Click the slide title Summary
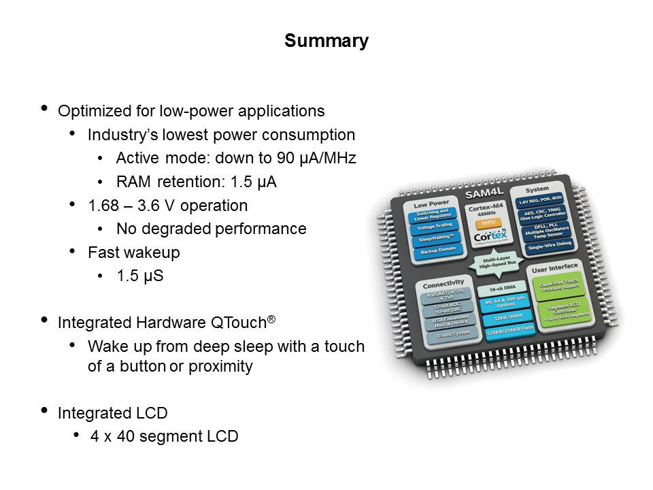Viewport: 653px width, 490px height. (326, 41)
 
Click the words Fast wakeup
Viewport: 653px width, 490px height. (134, 252)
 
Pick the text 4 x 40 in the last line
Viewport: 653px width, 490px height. (114, 436)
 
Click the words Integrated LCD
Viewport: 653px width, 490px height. (113, 412)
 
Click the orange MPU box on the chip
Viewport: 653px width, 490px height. (485, 223)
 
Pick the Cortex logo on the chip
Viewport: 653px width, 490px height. (484, 237)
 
